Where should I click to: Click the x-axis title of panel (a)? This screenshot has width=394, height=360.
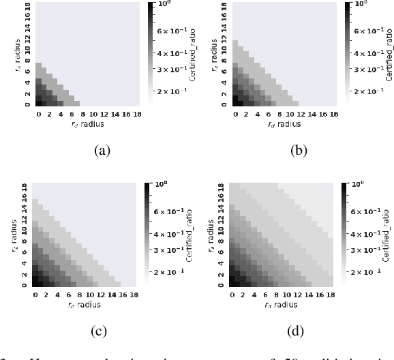click(89, 125)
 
